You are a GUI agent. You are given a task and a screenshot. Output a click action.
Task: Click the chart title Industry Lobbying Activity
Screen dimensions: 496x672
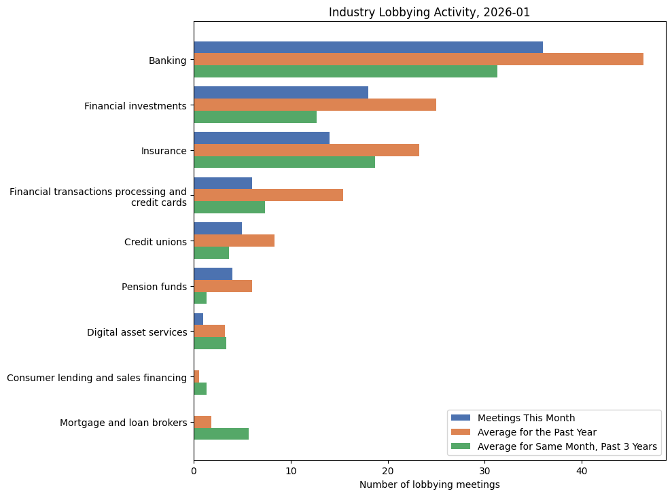(x=429, y=12)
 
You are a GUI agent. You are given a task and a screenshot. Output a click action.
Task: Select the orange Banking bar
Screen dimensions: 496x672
(x=418, y=59)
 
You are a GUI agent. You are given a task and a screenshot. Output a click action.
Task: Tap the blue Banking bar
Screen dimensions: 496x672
(x=368, y=47)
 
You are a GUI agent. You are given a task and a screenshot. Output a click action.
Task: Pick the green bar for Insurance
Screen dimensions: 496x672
(x=284, y=162)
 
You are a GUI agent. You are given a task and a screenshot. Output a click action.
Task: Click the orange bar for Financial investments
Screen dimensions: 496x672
(x=315, y=105)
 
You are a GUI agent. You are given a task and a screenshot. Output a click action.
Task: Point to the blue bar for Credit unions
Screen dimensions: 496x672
(x=217, y=228)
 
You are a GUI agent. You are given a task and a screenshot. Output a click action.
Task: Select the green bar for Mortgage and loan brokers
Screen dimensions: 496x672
(x=221, y=434)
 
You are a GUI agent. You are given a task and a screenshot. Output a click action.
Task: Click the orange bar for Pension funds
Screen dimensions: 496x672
(x=223, y=286)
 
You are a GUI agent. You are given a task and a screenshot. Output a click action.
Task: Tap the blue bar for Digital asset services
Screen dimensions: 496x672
(x=198, y=319)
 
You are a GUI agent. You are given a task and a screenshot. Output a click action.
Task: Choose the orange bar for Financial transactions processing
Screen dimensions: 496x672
(x=268, y=195)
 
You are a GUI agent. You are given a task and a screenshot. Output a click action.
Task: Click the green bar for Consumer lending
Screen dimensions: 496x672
(x=200, y=389)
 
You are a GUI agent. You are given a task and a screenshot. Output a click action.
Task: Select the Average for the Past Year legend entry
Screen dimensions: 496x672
(x=536, y=432)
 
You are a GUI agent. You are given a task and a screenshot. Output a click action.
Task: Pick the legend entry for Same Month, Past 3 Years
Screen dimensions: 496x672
(x=567, y=446)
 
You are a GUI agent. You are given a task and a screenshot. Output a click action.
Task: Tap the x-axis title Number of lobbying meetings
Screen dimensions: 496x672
(x=429, y=484)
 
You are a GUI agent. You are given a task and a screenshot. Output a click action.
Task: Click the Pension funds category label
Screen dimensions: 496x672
(x=154, y=287)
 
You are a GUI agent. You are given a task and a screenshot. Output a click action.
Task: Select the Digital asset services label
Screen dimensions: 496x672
(x=137, y=332)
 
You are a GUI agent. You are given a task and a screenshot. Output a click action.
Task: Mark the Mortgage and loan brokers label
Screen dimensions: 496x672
(x=123, y=423)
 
